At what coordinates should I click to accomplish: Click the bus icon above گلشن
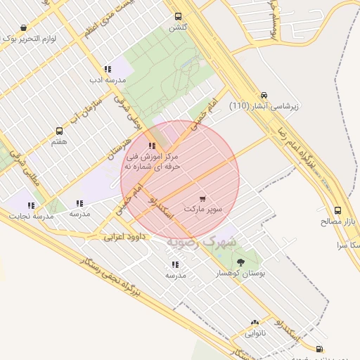[178, 15]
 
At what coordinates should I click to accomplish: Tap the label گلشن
[177, 27]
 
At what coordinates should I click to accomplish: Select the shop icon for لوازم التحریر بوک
[24, 28]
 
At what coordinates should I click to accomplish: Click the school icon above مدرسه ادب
[108, 69]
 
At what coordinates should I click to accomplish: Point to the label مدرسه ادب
[107, 80]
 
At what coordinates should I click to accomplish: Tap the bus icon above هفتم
[59, 131]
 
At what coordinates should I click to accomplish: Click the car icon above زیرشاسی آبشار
[264, 95]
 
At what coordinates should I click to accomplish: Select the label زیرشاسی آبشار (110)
[264, 106]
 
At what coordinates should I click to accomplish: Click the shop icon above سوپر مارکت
[203, 199]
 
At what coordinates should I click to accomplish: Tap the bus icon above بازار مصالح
[338, 210]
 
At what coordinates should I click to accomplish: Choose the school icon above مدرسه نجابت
[31, 205]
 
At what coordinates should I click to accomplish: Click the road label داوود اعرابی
[124, 237]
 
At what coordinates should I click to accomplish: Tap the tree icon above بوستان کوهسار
[241, 262]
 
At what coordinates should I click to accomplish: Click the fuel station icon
[320, 348]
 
